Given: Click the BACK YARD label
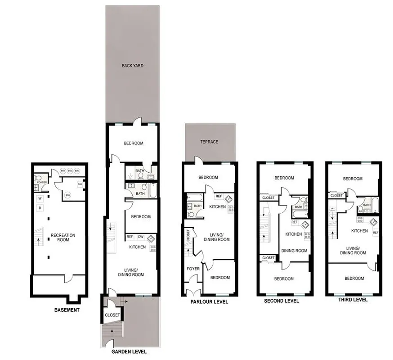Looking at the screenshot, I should (132, 66).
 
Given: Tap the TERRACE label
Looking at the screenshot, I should (210, 142).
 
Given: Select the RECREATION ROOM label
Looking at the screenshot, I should (63, 238).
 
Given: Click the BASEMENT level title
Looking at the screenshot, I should (67, 310).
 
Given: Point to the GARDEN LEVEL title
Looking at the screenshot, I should (129, 352).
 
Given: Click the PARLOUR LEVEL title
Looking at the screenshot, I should (209, 302).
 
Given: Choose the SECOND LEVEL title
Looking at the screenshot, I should (281, 301).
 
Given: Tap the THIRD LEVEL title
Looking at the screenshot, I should (352, 300).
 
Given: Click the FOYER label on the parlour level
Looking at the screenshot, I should (193, 269).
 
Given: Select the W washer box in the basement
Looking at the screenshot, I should (40, 198).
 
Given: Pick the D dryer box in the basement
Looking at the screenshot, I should (40, 208).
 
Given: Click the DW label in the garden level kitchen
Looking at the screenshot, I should (141, 237).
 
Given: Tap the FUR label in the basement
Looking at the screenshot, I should (80, 184).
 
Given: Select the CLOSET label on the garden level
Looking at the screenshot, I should (112, 315).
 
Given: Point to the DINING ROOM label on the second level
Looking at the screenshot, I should (294, 251).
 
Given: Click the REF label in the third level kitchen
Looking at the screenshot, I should (375, 233).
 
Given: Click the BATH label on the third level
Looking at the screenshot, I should (366, 205).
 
